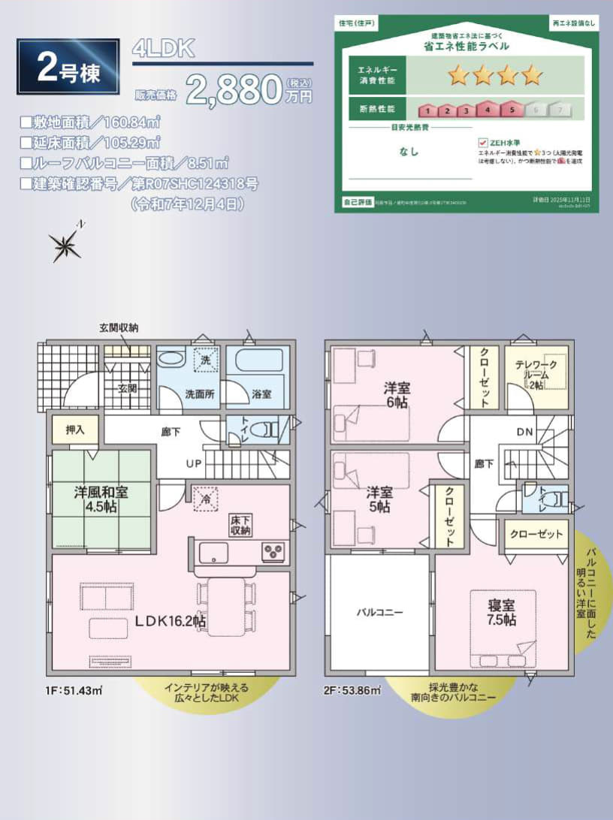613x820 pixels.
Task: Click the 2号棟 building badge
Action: click(68, 66)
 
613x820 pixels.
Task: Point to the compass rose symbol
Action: click(65, 243)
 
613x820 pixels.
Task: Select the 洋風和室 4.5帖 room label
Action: click(101, 499)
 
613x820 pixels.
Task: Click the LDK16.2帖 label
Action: click(171, 621)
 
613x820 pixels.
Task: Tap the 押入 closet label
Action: click(75, 430)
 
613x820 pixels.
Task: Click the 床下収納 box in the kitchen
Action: click(241, 525)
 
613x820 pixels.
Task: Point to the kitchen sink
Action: click(214, 553)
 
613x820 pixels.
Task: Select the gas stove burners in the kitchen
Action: click(273, 552)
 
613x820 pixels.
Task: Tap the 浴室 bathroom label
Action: click(261, 393)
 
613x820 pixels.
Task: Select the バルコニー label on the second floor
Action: click(379, 612)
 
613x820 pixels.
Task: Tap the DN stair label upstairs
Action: click(525, 432)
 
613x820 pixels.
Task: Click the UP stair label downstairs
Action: click(194, 463)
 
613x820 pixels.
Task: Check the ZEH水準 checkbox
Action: click(482, 142)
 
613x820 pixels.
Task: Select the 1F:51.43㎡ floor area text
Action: click(73, 689)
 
